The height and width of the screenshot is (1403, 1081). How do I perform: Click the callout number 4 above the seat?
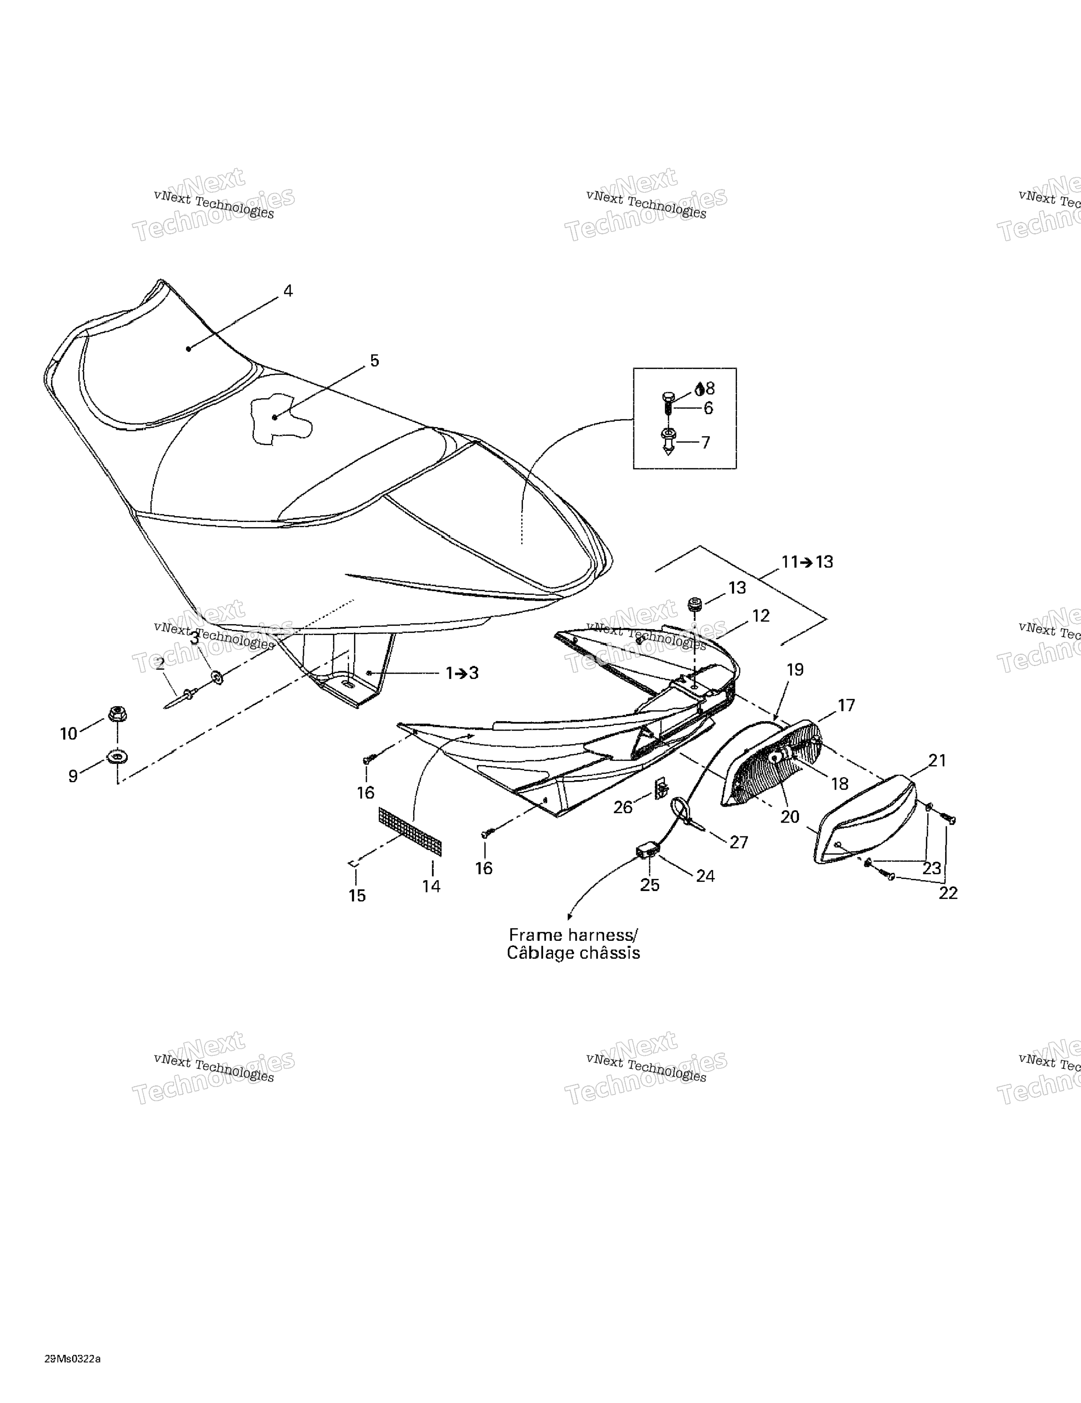(288, 291)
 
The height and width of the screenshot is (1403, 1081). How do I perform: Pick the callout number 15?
(357, 895)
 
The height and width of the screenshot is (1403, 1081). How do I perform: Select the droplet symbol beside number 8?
(699, 389)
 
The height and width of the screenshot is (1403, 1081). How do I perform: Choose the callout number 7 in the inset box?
(705, 443)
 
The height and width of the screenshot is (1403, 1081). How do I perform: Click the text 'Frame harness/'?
(573, 935)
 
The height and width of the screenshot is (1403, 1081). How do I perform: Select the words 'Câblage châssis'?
(573, 953)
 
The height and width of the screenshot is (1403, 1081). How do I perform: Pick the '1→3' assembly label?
(462, 673)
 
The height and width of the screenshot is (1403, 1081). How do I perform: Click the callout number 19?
(795, 669)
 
